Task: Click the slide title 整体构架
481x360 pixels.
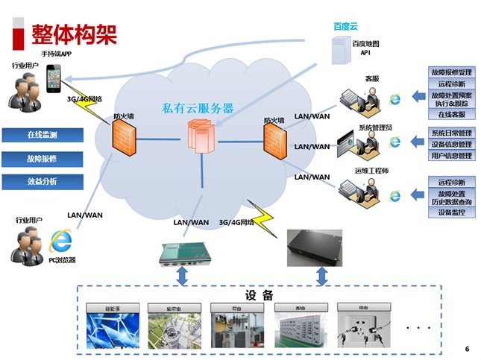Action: pyautogui.click(x=73, y=34)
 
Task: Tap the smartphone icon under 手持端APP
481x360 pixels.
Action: pyautogui.click(x=54, y=78)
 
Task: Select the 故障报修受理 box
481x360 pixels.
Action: pyautogui.click(x=451, y=73)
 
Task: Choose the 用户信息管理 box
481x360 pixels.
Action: pyautogui.click(x=451, y=156)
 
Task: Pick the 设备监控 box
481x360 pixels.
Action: pyautogui.click(x=451, y=212)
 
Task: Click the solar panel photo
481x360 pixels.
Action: pyautogui.click(x=111, y=328)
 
